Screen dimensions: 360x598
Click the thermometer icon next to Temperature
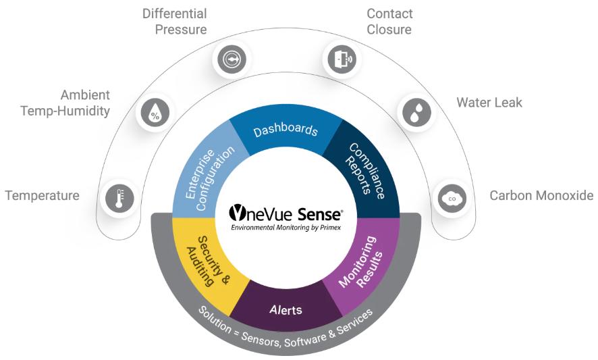[120, 199]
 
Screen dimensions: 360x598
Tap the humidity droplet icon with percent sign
[155, 113]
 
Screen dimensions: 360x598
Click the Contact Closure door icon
[342, 59]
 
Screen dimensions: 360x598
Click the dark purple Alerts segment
[286, 310]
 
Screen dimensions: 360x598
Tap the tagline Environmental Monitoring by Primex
[286, 228]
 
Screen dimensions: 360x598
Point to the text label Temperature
[42, 196]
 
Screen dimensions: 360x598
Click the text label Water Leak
[489, 103]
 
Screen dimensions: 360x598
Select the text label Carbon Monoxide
[541, 196]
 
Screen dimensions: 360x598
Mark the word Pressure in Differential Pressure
[181, 29]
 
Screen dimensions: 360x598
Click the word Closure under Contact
[389, 29]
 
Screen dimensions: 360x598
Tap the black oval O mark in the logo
[237, 214]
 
